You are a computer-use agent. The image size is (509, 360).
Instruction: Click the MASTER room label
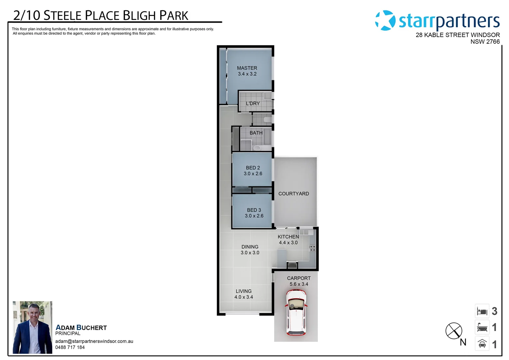tap(247, 68)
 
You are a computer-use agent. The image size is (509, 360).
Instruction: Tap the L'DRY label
tap(253, 104)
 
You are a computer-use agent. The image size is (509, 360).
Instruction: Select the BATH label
tap(256, 133)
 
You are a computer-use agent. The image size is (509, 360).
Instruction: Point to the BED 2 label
tap(253, 168)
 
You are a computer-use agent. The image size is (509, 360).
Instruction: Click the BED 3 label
tap(254, 210)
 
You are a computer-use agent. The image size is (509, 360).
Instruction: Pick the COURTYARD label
tap(293, 194)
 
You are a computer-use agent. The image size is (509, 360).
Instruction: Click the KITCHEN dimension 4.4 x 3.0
tap(288, 243)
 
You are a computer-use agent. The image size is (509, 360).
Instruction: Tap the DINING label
tap(250, 247)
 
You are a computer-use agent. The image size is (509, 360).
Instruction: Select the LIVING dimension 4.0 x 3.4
tap(244, 297)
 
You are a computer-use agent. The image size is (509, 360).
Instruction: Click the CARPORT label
tap(299, 278)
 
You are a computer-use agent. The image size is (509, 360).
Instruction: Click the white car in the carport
tap(296, 312)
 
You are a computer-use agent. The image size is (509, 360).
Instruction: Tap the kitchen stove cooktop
tap(312, 248)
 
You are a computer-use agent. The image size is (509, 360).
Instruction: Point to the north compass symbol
tap(454, 331)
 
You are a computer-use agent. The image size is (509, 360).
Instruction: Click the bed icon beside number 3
tap(482, 311)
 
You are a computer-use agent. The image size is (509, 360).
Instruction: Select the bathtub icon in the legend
tap(482, 328)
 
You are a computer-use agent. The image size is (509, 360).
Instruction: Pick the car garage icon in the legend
tap(482, 344)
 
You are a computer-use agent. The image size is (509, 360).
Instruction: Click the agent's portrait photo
tap(32, 327)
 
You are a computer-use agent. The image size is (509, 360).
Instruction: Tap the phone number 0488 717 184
tap(70, 347)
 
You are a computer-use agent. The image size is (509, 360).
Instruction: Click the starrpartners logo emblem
tap(385, 20)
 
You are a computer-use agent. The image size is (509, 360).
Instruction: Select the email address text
tap(94, 341)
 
